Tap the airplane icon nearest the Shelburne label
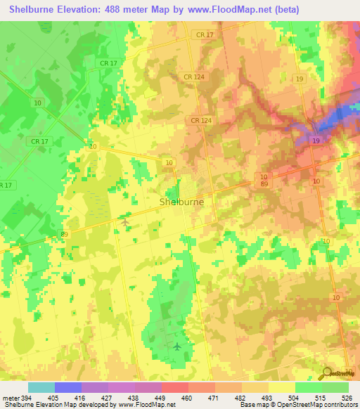click(125, 223)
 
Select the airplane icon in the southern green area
click(176, 346)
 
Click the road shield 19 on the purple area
click(316, 142)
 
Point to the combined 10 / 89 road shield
click(264, 179)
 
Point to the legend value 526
click(347, 398)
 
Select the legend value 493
click(266, 398)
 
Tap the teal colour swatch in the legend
click(41, 387)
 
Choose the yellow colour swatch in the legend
click(282, 387)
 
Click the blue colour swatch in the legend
click(68, 387)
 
